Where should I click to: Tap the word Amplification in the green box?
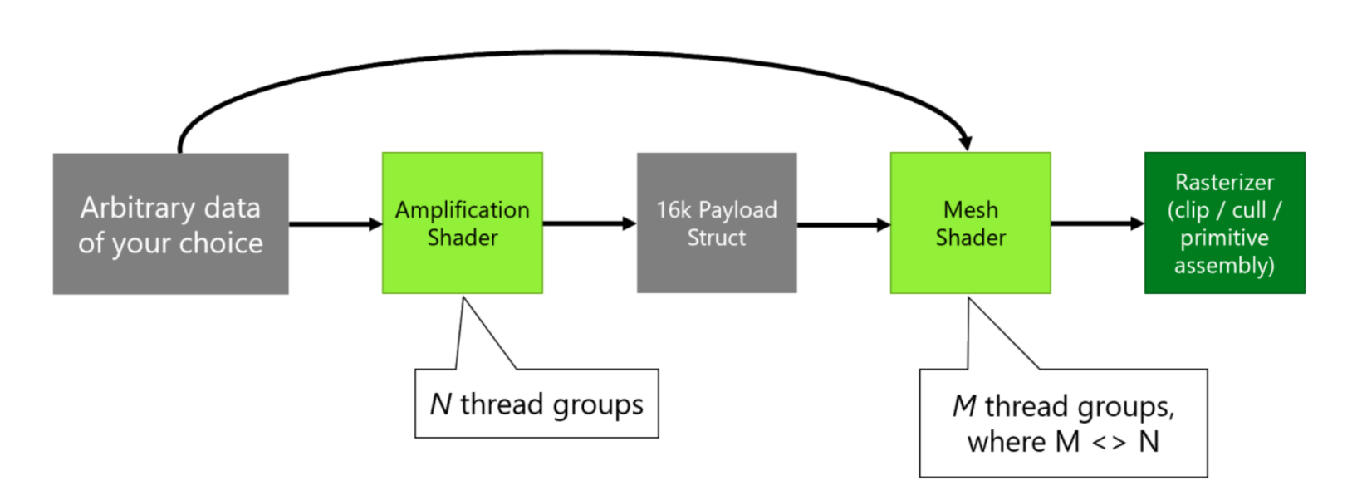tap(462, 210)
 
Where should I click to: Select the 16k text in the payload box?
tap(674, 210)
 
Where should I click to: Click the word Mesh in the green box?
tap(970, 210)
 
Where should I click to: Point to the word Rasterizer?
tap(1224, 183)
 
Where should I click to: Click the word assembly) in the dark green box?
tap(1224, 266)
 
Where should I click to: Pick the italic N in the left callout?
tap(440, 404)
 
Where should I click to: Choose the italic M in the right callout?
tap(963, 406)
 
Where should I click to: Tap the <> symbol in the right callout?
tap(1109, 442)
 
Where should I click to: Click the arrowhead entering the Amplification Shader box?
tap(375, 223)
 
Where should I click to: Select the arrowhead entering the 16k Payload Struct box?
tap(630, 223)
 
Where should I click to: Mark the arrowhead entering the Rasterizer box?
tap(1138, 223)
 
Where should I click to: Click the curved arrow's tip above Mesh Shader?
tap(965, 144)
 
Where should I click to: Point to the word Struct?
tap(716, 238)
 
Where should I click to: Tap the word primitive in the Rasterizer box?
tap(1224, 238)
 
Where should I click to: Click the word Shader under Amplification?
tap(462, 238)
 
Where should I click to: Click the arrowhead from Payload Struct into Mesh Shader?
tap(884, 224)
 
